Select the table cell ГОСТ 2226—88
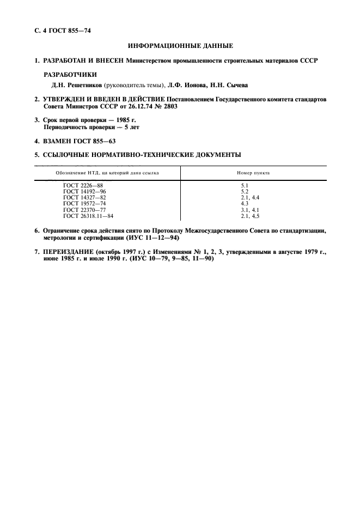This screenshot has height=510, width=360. coord(83,185)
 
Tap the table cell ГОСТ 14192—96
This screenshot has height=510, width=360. coord(84,191)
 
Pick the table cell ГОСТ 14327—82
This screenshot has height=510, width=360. coord(84,197)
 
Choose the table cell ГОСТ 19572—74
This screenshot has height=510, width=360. coord(84,203)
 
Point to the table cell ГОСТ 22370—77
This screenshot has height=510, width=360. coord(84,209)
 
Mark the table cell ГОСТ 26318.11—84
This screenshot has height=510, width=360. coord(88,215)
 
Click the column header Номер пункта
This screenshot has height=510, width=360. coord(253,173)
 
